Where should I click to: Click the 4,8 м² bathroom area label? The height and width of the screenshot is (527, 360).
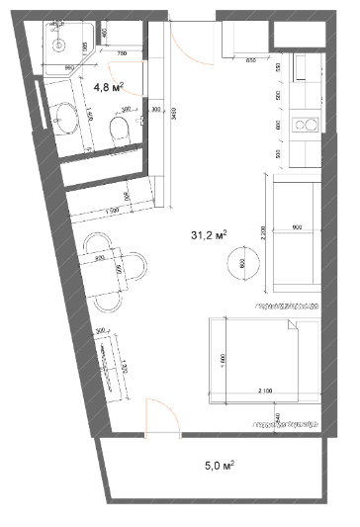tap(107, 86)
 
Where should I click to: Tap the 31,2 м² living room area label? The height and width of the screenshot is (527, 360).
tap(209, 235)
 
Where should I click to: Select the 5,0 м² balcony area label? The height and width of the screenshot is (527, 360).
tap(220, 462)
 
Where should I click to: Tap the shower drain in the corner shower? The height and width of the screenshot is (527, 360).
tap(58, 44)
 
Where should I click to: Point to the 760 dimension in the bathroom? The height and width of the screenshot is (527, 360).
tap(122, 51)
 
